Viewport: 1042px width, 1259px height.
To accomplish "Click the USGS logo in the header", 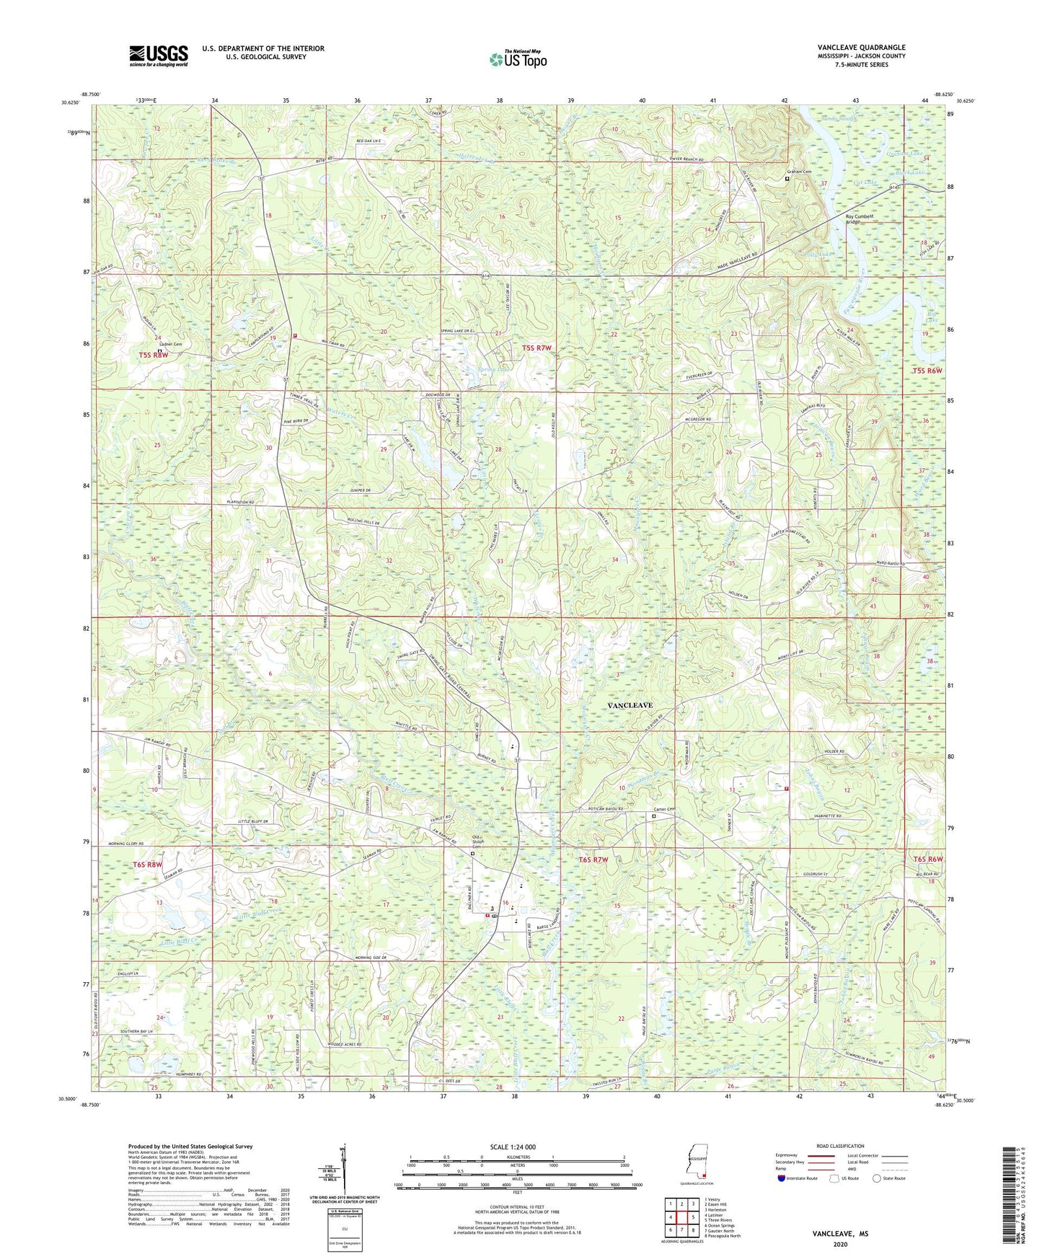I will tap(158, 56).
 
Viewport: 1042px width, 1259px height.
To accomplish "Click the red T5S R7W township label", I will tap(536, 348).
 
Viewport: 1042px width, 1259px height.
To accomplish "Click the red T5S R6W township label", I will tap(927, 370).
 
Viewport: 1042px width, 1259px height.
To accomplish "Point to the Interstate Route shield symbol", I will tap(782, 1178).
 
